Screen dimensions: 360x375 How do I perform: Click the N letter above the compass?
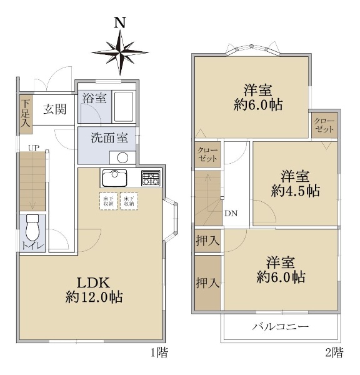[x=120, y=22]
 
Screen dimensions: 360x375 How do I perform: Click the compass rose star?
[x=120, y=52]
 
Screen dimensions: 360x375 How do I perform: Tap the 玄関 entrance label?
[x=55, y=109]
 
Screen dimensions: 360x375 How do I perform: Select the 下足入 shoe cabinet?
[x=26, y=114]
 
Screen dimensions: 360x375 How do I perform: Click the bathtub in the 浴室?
[x=123, y=107]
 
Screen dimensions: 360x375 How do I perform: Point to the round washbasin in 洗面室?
[x=122, y=157]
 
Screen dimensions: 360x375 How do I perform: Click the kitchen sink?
[x=114, y=178]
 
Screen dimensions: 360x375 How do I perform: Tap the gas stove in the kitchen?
[x=151, y=178]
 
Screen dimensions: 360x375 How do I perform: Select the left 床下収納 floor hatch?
[x=108, y=201]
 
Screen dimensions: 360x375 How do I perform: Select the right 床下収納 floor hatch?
[x=129, y=201]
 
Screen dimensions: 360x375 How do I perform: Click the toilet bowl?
[x=32, y=228]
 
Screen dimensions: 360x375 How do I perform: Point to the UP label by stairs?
[x=34, y=148]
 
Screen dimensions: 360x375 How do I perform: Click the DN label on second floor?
[x=231, y=213]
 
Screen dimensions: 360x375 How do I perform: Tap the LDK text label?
[x=93, y=282]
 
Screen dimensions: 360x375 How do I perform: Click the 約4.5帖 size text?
[x=296, y=191]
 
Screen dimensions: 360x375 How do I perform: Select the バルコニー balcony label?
[x=281, y=327]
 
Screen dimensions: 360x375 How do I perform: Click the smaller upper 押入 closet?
[x=207, y=241]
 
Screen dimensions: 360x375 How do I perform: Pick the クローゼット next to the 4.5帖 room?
[x=324, y=125]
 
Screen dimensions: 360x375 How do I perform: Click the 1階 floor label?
[x=159, y=352]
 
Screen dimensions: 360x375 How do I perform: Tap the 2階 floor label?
[x=334, y=352]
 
